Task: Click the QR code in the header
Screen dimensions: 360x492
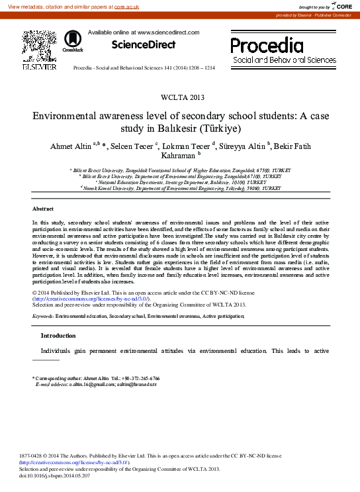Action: click(x=38, y=45)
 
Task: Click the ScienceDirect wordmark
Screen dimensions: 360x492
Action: click(x=144, y=45)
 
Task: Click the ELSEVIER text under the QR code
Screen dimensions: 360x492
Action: click(x=39, y=67)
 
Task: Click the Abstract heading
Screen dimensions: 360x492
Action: click(x=42, y=208)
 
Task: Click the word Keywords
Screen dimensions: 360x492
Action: click(x=43, y=317)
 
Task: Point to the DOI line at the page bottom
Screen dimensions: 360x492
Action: click(x=49, y=476)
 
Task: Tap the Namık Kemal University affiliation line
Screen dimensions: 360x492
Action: click(x=179, y=189)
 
